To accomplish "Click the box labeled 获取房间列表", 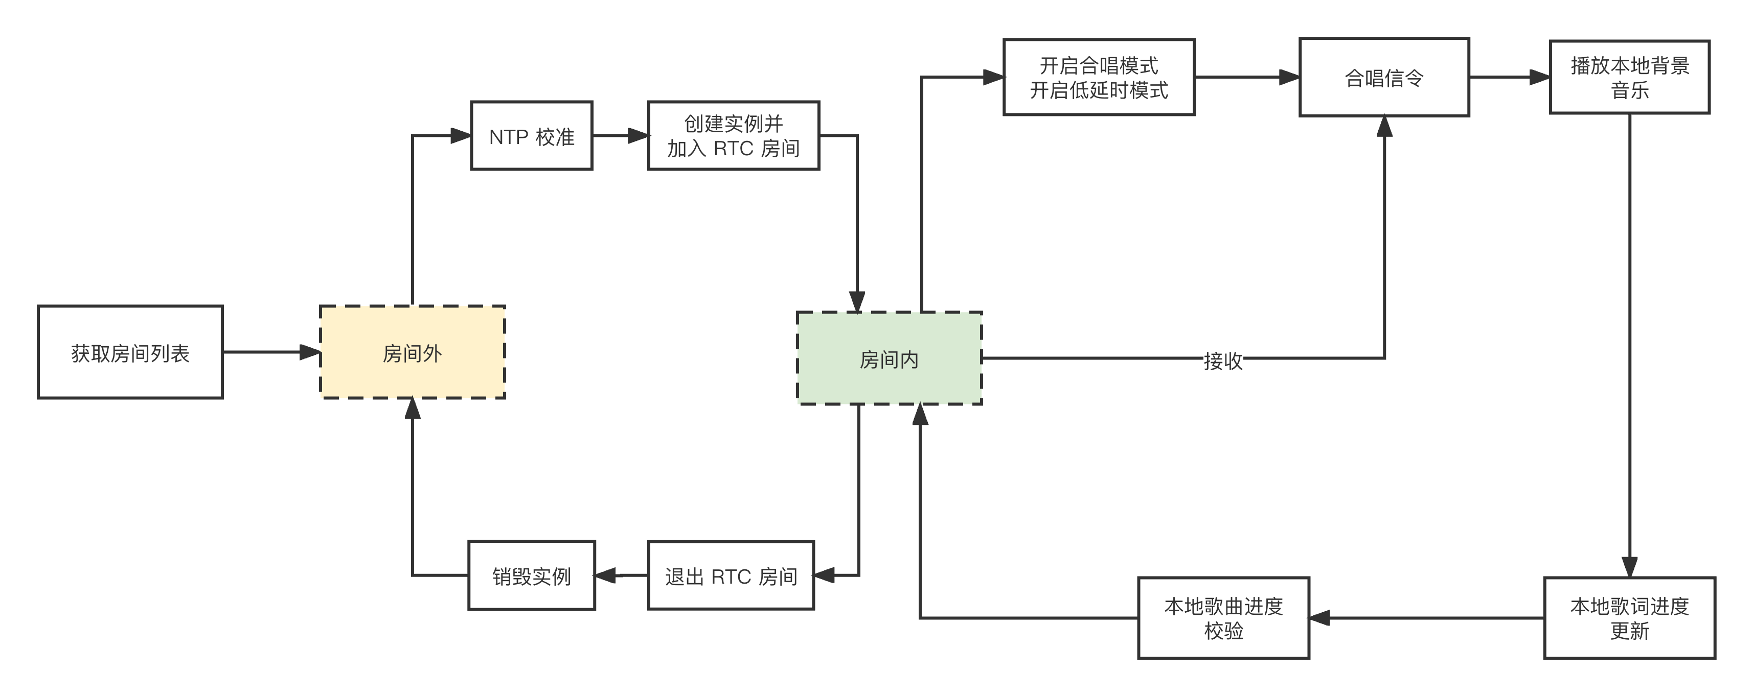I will (130, 352).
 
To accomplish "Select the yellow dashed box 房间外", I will (413, 352).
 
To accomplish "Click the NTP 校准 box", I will (532, 136).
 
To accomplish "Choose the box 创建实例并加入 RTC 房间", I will (733, 136).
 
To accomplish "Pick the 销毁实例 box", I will (532, 576).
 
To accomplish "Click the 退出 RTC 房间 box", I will (731, 576).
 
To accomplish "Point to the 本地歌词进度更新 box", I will (1629, 618).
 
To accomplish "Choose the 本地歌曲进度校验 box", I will (1223, 618).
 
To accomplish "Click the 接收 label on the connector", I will (1223, 359).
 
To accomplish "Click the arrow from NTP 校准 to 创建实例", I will (620, 136).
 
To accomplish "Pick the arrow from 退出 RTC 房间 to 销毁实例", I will (621, 576).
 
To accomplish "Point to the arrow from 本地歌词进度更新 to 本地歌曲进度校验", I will (1426, 618).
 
